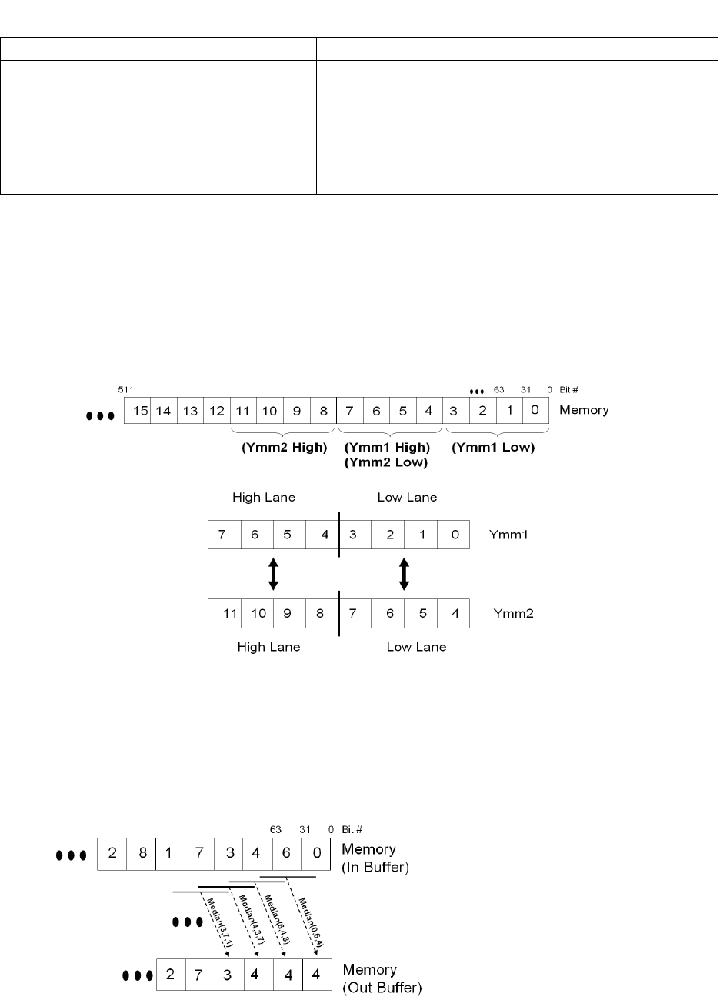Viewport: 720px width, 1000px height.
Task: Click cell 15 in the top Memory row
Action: coord(140,410)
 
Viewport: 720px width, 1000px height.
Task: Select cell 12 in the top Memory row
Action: coord(217,410)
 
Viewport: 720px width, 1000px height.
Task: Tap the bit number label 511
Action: coord(122,389)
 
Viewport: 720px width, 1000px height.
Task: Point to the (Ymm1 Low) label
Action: coord(493,447)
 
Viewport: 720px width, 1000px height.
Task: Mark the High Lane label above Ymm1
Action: coord(264,498)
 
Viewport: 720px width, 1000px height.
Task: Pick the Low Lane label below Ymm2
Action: coord(416,647)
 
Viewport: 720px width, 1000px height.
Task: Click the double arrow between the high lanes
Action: coord(272,574)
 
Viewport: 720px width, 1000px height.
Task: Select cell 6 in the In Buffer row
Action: coord(287,853)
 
